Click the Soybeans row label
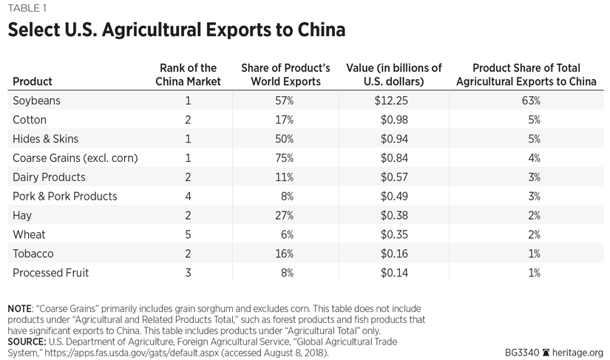click(36, 101)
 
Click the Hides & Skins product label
click(45, 139)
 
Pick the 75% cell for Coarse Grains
click(285, 158)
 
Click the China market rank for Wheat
click(188, 235)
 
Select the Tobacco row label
click(33, 254)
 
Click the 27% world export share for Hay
click(285, 216)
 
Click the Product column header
click(33, 81)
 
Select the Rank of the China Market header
click(188, 75)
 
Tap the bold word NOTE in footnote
click(23, 307)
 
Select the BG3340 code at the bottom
click(515, 353)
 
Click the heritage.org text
click(577, 353)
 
